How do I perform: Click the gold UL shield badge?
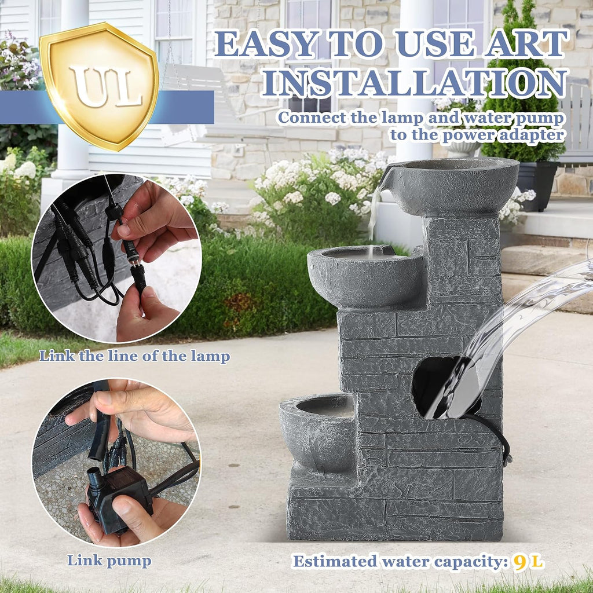click(x=99, y=86)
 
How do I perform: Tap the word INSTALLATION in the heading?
click(x=415, y=82)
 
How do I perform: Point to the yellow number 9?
click(x=520, y=562)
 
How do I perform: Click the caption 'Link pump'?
click(x=109, y=561)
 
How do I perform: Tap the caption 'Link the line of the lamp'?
click(x=134, y=356)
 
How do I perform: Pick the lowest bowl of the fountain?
click(x=318, y=431)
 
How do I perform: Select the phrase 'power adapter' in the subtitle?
click(x=503, y=136)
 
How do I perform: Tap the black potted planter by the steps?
click(x=537, y=186)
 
